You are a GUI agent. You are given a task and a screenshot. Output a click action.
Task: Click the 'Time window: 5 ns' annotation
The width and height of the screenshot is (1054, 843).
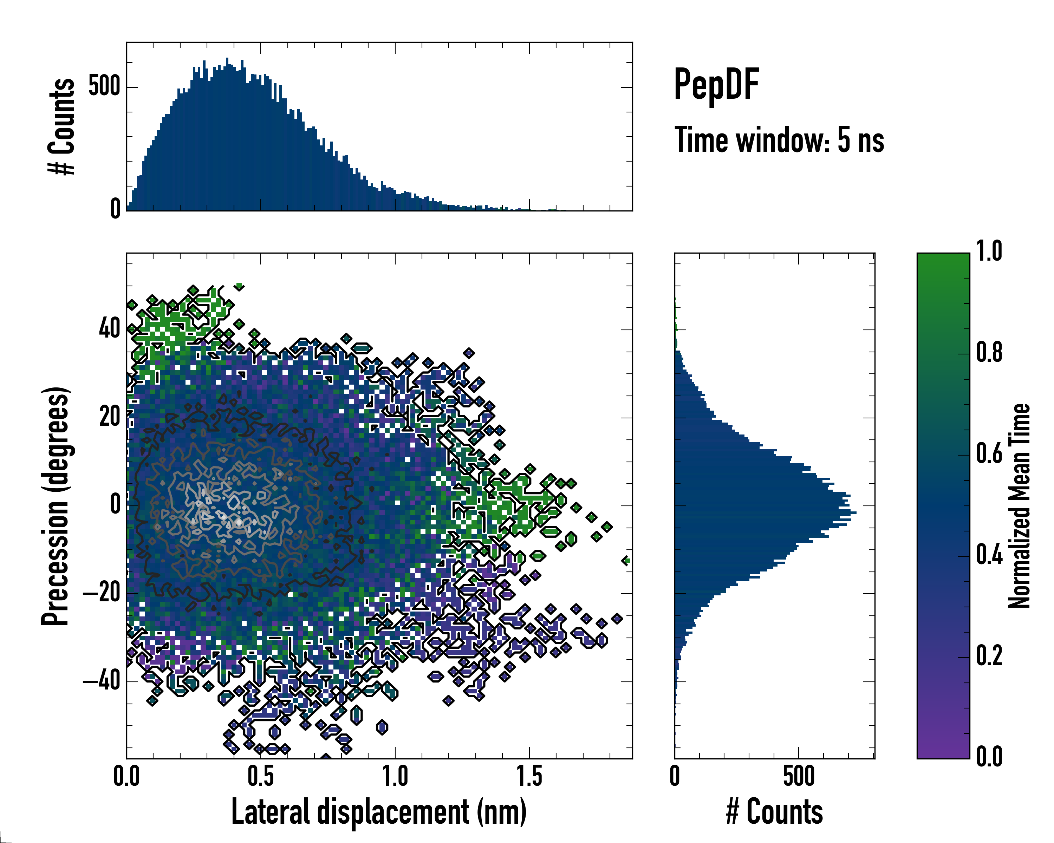(779, 140)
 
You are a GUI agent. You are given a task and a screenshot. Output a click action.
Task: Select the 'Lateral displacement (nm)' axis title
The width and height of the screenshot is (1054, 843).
(379, 812)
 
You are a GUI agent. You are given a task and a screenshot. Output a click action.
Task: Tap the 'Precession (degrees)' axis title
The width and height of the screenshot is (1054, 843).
(55, 506)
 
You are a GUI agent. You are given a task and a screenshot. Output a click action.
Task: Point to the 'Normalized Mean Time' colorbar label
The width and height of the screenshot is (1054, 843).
(1019, 506)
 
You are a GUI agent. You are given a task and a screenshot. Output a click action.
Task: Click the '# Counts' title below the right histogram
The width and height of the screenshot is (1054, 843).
(774, 812)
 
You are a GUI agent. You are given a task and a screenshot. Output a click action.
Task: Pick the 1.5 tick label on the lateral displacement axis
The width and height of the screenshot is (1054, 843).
(529, 777)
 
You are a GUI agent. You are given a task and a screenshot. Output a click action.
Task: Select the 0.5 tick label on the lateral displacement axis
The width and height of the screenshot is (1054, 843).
(261, 777)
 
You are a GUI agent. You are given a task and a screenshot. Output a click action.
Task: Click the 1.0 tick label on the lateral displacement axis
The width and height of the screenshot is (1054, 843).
(395, 777)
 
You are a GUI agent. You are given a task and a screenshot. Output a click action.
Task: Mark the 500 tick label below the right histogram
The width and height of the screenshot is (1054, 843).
(799, 777)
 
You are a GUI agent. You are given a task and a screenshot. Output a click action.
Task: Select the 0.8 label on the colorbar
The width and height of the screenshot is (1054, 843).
(989, 352)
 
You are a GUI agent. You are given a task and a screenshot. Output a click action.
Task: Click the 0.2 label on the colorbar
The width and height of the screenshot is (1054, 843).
(989, 655)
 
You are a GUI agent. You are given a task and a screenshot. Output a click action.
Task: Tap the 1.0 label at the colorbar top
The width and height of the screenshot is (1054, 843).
(989, 251)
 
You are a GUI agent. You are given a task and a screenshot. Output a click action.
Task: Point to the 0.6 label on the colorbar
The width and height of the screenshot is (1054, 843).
(989, 453)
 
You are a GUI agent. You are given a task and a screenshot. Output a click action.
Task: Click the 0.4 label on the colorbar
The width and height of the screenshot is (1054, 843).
(989, 555)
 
